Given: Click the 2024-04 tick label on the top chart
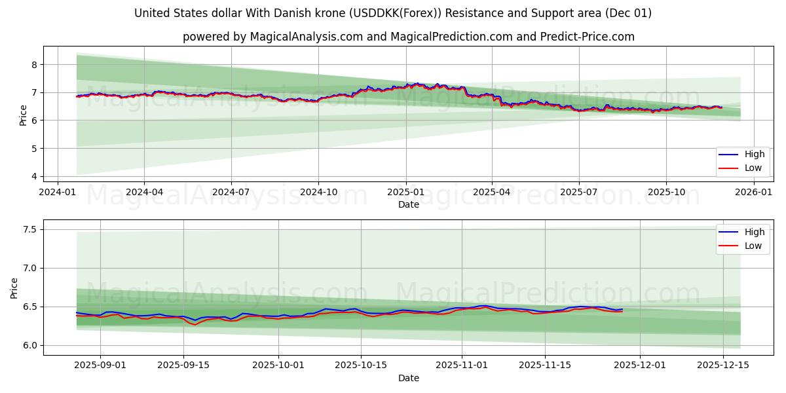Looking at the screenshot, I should [x=144, y=192].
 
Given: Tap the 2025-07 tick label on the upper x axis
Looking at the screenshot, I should [x=578, y=192].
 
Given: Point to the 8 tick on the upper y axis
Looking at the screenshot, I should [x=34, y=64].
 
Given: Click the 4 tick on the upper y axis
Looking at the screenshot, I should [x=34, y=176].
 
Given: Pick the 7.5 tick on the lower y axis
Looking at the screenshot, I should [x=29, y=229].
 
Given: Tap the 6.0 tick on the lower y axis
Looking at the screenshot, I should [x=29, y=345].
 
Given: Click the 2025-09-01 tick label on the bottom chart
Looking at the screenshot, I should [x=100, y=365].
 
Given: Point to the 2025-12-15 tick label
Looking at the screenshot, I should [x=722, y=365].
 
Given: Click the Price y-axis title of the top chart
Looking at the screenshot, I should [x=24, y=115].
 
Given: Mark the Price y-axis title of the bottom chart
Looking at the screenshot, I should [x=14, y=288].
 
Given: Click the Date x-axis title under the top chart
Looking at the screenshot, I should [x=409, y=204].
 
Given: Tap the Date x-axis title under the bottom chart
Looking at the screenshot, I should [x=409, y=378].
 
